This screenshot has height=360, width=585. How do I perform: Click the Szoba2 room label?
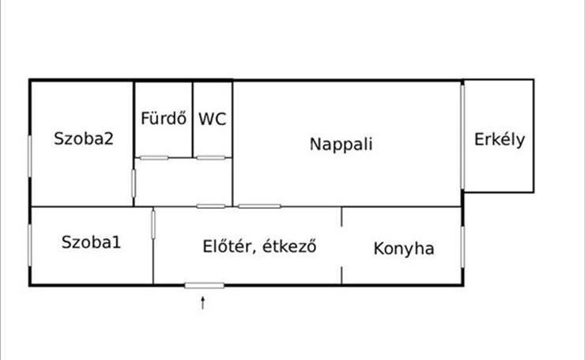point(84,138)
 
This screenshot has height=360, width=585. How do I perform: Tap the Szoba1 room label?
point(91,242)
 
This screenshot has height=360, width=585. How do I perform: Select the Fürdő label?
point(164,119)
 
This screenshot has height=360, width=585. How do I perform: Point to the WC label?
point(213,119)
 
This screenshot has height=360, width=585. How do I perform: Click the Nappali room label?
point(341,145)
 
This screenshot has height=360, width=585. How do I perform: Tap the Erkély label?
point(499,140)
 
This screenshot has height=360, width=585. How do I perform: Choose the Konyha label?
point(404,248)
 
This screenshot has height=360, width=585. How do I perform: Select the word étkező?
point(289,247)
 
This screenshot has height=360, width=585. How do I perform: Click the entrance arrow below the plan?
point(203,303)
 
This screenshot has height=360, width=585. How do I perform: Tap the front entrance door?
point(204,286)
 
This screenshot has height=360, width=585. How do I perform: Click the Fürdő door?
point(154,158)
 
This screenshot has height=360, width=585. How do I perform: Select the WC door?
point(211,158)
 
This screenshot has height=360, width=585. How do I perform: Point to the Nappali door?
point(259,207)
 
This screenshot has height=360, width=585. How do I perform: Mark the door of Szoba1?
point(153,225)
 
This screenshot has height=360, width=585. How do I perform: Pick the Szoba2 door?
point(134,184)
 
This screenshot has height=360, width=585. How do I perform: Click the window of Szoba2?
point(30,154)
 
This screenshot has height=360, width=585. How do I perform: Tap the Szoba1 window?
point(30,245)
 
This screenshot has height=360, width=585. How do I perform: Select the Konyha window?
point(462,247)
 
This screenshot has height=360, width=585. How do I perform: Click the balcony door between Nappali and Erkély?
point(462,137)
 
